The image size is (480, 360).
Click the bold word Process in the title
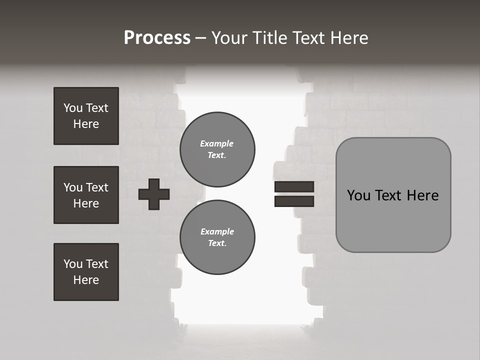tap(157, 38)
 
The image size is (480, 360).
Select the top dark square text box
tap(86, 116)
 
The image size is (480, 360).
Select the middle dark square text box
tap(86, 195)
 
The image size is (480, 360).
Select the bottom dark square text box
tap(86, 272)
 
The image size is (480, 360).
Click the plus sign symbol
tap(154, 194)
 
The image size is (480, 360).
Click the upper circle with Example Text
tap(217, 149)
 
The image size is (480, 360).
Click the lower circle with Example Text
tap(217, 237)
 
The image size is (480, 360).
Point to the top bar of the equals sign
tap(294, 187)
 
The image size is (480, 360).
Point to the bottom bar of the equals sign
tap(294, 201)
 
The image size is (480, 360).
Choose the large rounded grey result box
tap(393, 195)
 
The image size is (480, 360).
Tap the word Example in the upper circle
tap(217, 143)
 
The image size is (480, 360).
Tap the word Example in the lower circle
tap(217, 231)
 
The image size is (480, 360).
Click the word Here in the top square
tap(86, 124)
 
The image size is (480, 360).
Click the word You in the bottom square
tap(72, 264)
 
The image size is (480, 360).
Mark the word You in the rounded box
tap(358, 195)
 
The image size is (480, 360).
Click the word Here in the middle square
tap(86, 203)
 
